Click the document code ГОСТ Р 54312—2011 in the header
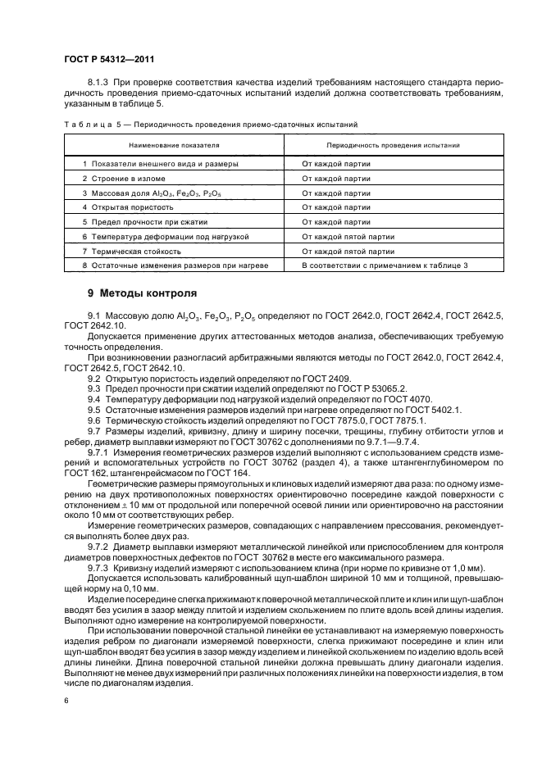point(109,59)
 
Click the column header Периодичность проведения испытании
point(380,144)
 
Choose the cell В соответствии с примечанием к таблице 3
point(385,265)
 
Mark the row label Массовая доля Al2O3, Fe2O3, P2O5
point(143,193)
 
